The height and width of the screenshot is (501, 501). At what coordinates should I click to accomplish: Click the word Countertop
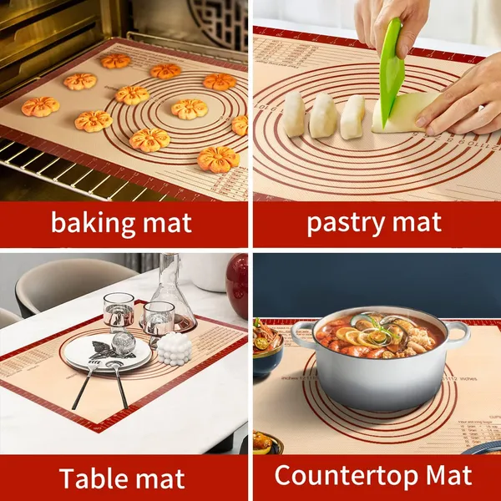click(338, 475)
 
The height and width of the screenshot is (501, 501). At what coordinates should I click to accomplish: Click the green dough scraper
click(390, 75)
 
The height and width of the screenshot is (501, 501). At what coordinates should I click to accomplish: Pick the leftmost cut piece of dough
click(293, 114)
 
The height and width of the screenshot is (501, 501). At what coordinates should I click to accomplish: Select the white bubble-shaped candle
click(175, 348)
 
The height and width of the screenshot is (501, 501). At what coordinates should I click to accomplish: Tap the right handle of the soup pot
click(458, 334)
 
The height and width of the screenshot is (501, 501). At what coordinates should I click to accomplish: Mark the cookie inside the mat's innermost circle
click(190, 109)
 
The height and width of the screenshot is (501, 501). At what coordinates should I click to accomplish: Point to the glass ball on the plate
click(124, 342)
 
